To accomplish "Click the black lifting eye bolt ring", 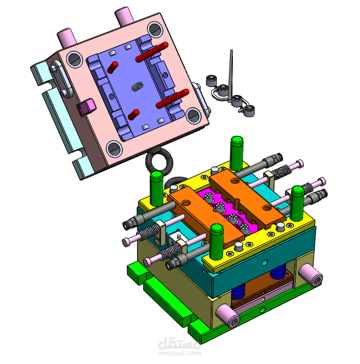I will click(160, 162).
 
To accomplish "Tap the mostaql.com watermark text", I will click(179, 353).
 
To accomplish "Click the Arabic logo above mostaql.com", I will click(179, 341).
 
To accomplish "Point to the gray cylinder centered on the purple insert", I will click(137, 87).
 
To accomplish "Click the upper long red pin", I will click(152, 52).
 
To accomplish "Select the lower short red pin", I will click(133, 114).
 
